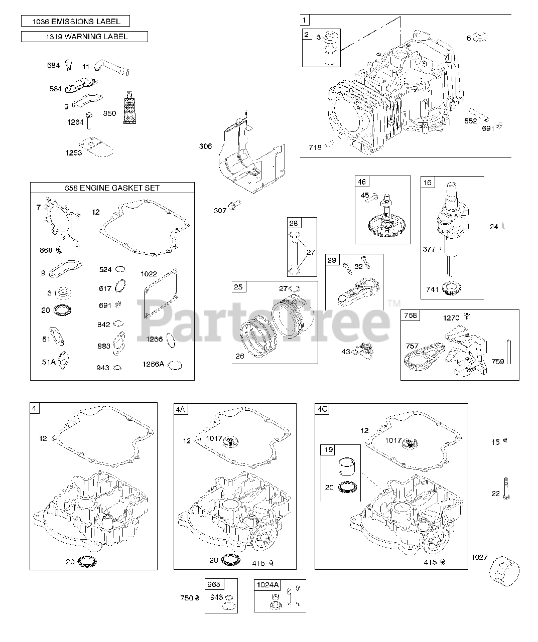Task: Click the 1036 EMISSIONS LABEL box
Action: coord(75,21)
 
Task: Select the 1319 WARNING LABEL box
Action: coord(84,36)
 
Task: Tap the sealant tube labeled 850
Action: coord(130,107)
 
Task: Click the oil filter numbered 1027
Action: coord(504,571)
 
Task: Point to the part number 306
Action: coord(205,146)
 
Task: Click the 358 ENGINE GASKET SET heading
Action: coord(112,188)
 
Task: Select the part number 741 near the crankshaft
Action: coord(432,289)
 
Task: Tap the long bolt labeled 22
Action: coord(506,488)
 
